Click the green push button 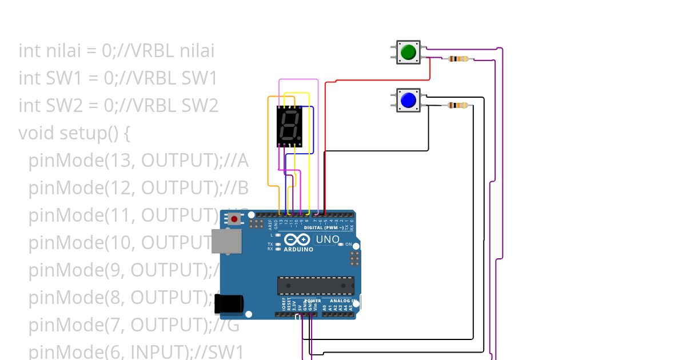(x=408, y=53)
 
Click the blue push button (x=408, y=101)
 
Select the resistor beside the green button (x=458, y=59)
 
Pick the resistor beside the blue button (x=457, y=105)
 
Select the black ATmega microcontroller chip (x=315, y=285)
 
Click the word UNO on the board (x=327, y=239)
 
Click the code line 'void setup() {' (x=74, y=133)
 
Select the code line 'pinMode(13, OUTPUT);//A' (x=138, y=161)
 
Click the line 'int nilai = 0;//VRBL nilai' (x=116, y=51)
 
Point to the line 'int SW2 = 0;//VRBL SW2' (x=118, y=106)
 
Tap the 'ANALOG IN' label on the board (x=342, y=301)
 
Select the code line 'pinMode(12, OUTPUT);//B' (x=138, y=188)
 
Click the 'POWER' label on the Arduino (x=312, y=301)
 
